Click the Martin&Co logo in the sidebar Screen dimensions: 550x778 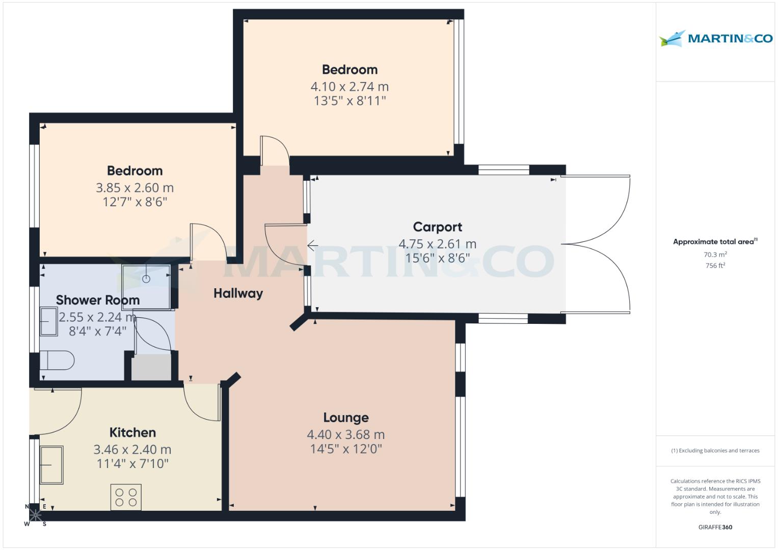[715, 39]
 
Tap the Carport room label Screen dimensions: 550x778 [437, 227]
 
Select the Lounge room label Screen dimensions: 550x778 [345, 418]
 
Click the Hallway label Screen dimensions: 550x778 [238, 293]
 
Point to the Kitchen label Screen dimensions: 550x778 [132, 432]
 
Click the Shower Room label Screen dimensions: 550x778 [98, 300]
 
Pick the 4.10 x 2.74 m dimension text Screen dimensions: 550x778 [350, 87]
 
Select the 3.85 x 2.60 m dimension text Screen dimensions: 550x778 [135, 188]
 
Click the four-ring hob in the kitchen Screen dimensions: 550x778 [126, 497]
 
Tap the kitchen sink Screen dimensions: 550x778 [51, 464]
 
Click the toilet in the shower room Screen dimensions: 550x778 [57, 361]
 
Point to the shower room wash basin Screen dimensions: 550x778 [49, 321]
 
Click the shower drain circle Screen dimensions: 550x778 [147, 279]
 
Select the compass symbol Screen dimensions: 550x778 [35, 515]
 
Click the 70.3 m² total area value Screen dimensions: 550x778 [715, 255]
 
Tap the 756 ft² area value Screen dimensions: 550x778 [715, 265]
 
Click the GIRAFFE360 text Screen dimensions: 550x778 [715, 527]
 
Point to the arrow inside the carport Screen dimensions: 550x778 [312, 246]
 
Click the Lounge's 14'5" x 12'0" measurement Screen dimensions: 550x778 [345, 449]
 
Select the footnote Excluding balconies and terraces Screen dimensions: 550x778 [715, 451]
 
